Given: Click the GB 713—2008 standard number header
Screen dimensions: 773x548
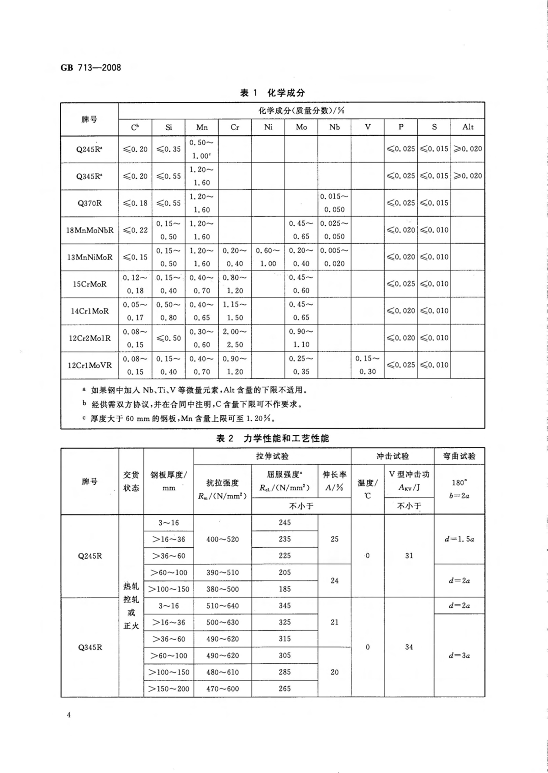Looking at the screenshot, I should [x=91, y=68].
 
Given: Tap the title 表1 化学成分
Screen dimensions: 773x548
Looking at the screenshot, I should [x=272, y=93].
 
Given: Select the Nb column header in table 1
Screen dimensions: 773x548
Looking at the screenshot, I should [x=334, y=127].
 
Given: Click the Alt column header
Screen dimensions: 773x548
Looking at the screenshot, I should [x=468, y=127].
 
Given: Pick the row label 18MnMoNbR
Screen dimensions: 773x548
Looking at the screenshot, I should [x=90, y=230].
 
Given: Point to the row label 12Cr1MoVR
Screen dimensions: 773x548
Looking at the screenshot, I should [x=90, y=365].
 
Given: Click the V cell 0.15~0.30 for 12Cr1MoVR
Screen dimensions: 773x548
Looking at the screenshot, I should [x=368, y=365].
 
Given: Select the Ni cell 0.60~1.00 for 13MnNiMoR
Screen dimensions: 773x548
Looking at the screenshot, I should [x=268, y=257].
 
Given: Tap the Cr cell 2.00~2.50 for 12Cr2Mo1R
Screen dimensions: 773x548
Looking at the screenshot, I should [x=235, y=338].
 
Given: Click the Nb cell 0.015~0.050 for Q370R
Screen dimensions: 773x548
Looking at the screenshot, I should [x=334, y=203].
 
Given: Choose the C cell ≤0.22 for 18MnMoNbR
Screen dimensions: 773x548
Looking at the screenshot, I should [x=135, y=230].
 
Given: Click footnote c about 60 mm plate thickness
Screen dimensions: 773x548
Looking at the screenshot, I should [x=183, y=418].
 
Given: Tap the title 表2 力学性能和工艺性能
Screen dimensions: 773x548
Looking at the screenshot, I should [x=272, y=439].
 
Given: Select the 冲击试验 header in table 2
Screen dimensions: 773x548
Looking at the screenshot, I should [x=392, y=456].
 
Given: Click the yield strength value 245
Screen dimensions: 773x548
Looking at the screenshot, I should [x=285, y=523].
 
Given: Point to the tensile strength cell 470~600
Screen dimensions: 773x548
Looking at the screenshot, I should [x=222, y=688].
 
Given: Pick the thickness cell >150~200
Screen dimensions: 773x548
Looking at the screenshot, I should [x=169, y=688].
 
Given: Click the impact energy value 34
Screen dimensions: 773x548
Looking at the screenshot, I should [x=409, y=647].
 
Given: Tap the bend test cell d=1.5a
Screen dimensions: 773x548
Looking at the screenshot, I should [x=459, y=539].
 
